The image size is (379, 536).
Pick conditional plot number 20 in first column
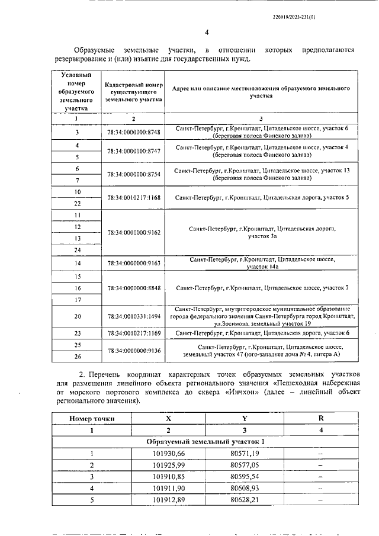point(78,316)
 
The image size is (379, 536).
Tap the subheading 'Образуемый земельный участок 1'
point(205,442)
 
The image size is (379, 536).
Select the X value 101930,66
point(168,454)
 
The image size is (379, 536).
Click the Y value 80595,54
point(245,476)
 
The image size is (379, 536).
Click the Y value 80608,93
point(245,488)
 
